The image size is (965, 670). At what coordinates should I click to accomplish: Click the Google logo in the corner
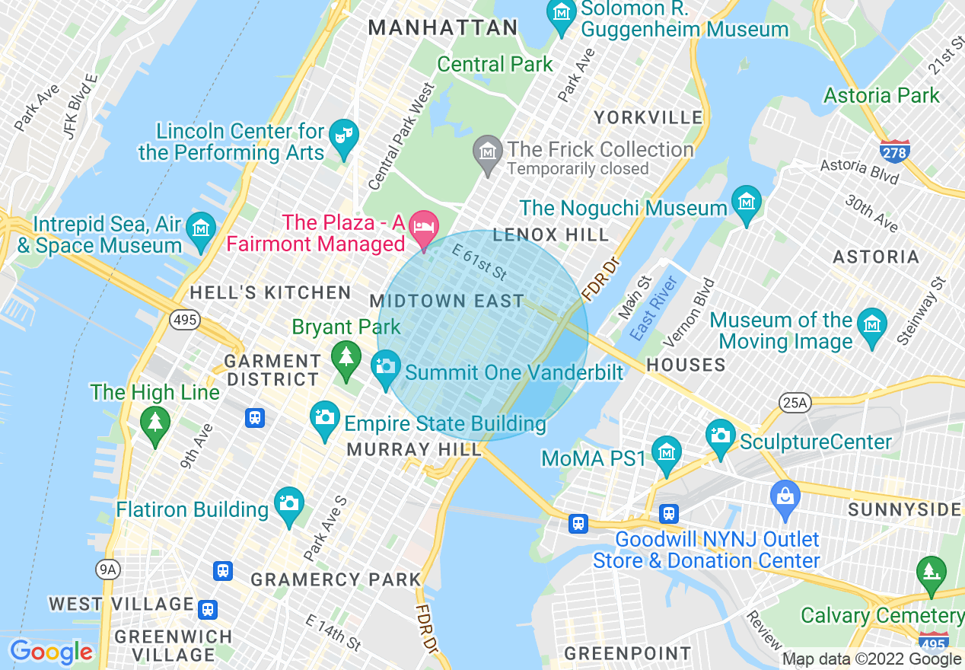click(51, 652)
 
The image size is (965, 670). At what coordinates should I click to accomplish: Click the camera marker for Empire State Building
click(325, 418)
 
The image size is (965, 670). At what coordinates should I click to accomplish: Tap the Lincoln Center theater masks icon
click(343, 136)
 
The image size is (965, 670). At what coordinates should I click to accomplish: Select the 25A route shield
click(795, 403)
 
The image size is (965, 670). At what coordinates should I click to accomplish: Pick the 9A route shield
click(108, 568)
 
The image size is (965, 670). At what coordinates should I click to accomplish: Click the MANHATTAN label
click(443, 28)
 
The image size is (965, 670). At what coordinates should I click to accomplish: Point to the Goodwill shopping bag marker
click(785, 496)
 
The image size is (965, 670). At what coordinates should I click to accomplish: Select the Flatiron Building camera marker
click(288, 504)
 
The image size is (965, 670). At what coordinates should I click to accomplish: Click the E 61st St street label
click(479, 261)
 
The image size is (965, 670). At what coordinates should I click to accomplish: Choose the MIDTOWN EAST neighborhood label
click(447, 301)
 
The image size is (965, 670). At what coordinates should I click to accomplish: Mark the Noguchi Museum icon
click(746, 202)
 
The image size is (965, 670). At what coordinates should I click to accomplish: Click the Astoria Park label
click(882, 95)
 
